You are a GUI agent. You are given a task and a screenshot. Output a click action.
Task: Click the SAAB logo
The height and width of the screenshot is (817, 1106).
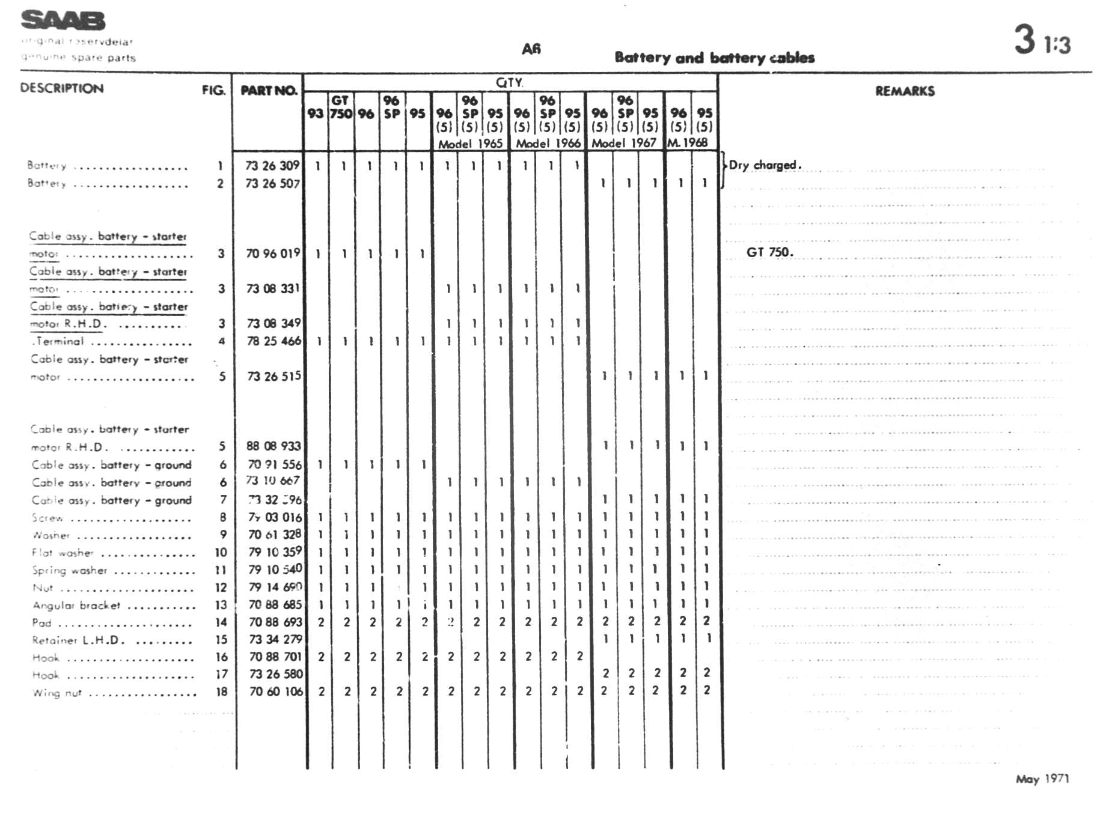point(63,21)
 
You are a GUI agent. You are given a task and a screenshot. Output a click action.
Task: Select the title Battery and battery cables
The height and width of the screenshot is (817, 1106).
point(714,58)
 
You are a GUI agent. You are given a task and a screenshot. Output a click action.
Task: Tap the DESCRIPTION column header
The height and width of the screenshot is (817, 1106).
point(62,88)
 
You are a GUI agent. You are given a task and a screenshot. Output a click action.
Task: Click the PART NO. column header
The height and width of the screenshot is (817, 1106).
point(269,91)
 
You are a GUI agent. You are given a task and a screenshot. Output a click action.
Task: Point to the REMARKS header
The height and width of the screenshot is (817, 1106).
point(905,91)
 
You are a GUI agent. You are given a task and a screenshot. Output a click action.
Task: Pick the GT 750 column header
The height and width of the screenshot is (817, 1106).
point(341,107)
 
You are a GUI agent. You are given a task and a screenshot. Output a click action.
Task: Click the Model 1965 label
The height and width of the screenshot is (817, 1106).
point(470,144)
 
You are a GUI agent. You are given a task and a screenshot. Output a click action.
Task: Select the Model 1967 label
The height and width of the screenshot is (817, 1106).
point(624,144)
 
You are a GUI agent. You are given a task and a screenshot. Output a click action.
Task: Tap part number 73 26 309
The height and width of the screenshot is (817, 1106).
point(272,165)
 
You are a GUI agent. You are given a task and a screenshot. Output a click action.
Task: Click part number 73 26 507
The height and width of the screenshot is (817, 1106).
point(272,183)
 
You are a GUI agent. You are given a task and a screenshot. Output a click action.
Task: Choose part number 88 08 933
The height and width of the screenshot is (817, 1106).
point(273,446)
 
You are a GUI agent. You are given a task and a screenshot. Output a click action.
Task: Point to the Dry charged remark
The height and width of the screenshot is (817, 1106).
point(765,165)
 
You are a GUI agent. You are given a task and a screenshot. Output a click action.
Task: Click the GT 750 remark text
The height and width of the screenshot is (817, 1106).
point(769,252)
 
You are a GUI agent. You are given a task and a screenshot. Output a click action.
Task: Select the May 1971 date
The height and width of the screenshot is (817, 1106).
point(1042,779)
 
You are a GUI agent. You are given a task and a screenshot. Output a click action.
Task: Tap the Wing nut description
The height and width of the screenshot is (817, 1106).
point(57,693)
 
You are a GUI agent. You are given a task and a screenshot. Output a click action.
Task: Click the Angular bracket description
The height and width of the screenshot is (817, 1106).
point(76,606)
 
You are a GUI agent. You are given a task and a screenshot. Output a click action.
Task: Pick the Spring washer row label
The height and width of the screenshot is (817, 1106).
point(70,571)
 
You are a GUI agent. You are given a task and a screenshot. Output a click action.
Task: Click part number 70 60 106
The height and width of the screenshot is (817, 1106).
point(276,691)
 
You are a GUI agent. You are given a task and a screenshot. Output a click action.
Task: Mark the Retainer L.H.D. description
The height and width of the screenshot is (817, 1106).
point(78,640)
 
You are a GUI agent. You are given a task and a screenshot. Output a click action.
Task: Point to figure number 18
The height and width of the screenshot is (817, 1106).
point(221,692)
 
